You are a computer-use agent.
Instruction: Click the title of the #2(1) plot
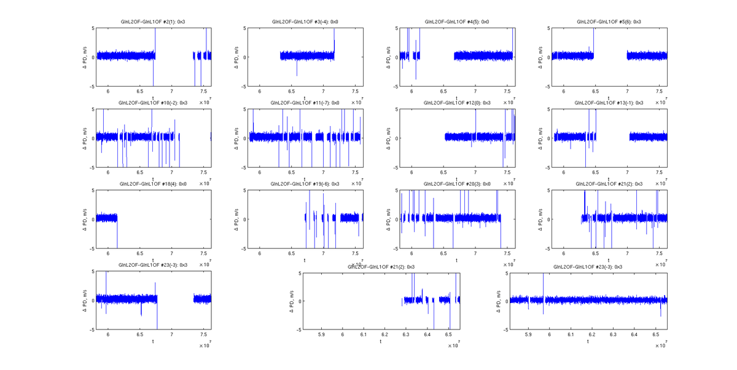coord(153,22)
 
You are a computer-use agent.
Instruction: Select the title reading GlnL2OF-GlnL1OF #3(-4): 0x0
coord(305,22)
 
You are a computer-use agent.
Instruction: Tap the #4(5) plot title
coord(457,22)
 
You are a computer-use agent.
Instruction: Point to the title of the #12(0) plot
coord(457,103)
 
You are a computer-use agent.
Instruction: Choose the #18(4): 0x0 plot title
coord(153,184)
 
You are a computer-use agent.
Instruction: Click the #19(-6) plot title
coord(305,184)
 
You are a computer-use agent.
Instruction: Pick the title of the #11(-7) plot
coord(305,103)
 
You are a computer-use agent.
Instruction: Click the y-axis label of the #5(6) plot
coord(540,57)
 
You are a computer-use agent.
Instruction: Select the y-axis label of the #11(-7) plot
coord(236,138)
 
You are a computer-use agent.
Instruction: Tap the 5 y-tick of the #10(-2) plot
coord(92,109)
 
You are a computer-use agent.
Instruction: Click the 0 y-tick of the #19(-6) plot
coord(245,219)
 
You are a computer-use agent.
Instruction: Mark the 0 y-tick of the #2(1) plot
coord(92,57)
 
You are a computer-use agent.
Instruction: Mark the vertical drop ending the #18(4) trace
coord(117,234)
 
